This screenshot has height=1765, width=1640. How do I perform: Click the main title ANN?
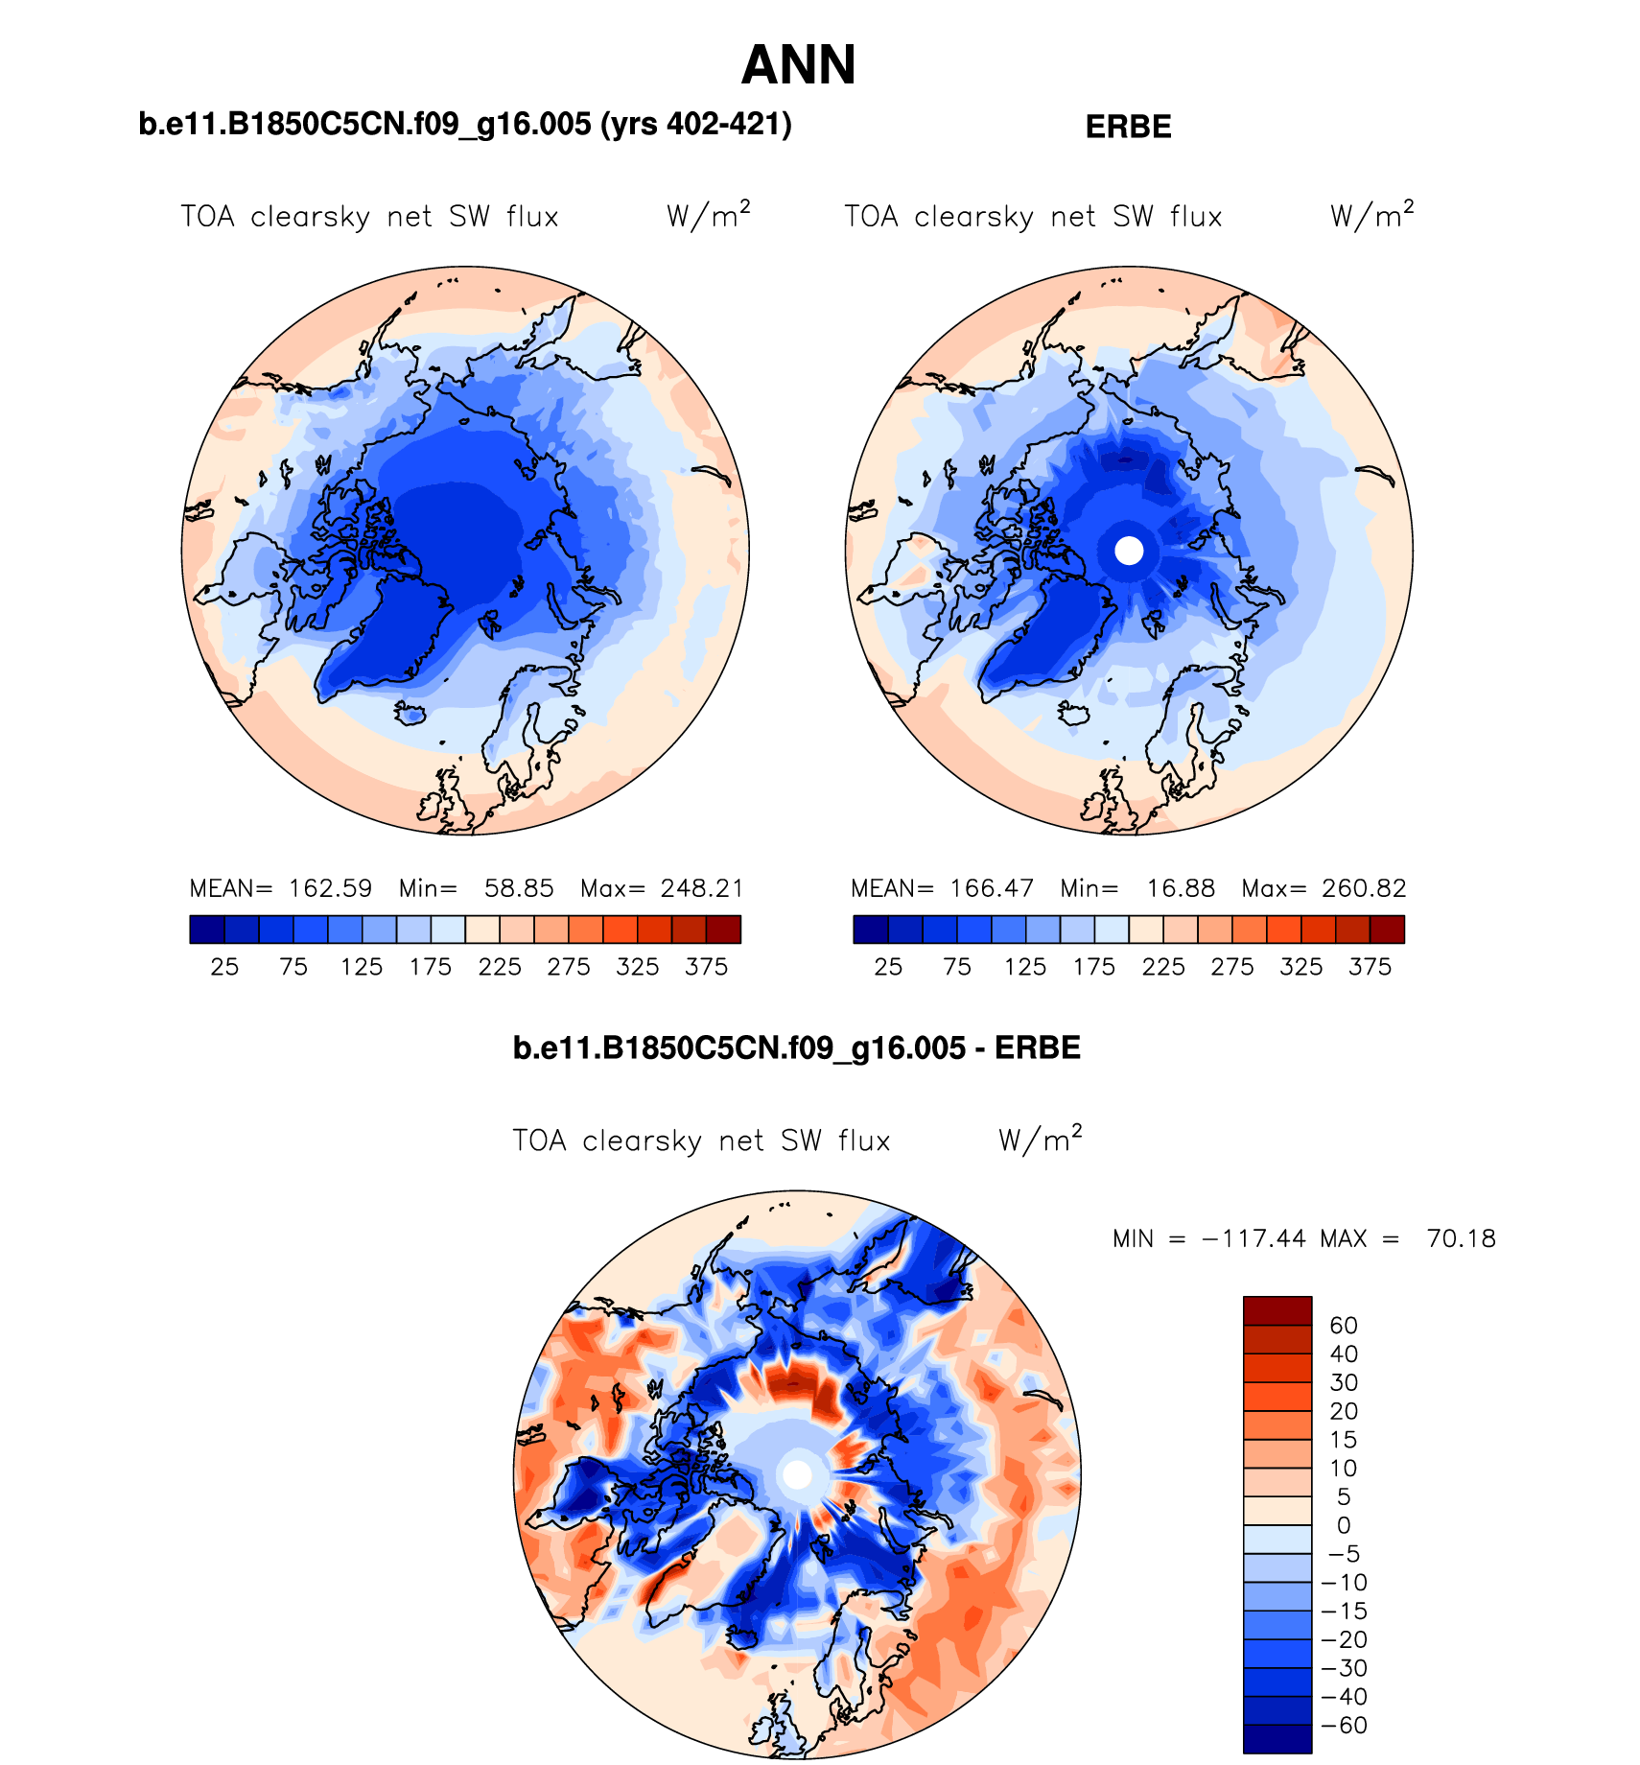(798, 65)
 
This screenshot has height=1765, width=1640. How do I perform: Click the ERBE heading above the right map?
(1128, 127)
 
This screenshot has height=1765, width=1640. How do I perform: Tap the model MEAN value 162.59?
(330, 888)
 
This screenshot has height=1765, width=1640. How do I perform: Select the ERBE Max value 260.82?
(1364, 888)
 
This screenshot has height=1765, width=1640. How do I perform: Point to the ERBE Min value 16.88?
(1181, 888)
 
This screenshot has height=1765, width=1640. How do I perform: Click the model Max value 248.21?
(702, 888)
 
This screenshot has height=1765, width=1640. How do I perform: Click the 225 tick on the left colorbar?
(500, 967)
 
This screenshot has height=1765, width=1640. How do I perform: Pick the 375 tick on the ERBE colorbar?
(1370, 967)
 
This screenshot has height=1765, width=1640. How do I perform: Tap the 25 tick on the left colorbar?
(224, 967)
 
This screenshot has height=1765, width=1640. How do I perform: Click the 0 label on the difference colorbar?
(1343, 1525)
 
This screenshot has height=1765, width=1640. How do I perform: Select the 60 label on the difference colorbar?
(1343, 1326)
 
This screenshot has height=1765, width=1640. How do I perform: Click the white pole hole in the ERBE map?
(1129, 551)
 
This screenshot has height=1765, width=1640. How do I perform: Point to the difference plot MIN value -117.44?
(1253, 1238)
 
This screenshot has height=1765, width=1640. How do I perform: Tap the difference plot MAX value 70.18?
(1461, 1238)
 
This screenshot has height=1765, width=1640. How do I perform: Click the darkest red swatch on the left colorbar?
(723, 930)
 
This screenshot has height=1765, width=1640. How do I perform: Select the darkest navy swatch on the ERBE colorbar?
(871, 930)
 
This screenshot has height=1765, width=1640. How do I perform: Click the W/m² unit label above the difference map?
(1040, 1140)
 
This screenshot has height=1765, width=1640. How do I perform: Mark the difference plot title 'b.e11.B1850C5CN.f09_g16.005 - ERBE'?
(796, 1047)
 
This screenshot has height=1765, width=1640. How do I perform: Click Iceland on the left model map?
(410, 713)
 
